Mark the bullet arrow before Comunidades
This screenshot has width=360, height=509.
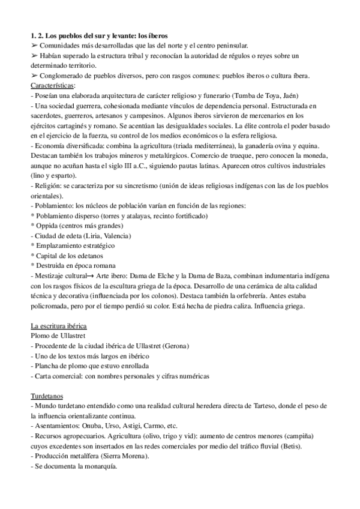click(x=34, y=46)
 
